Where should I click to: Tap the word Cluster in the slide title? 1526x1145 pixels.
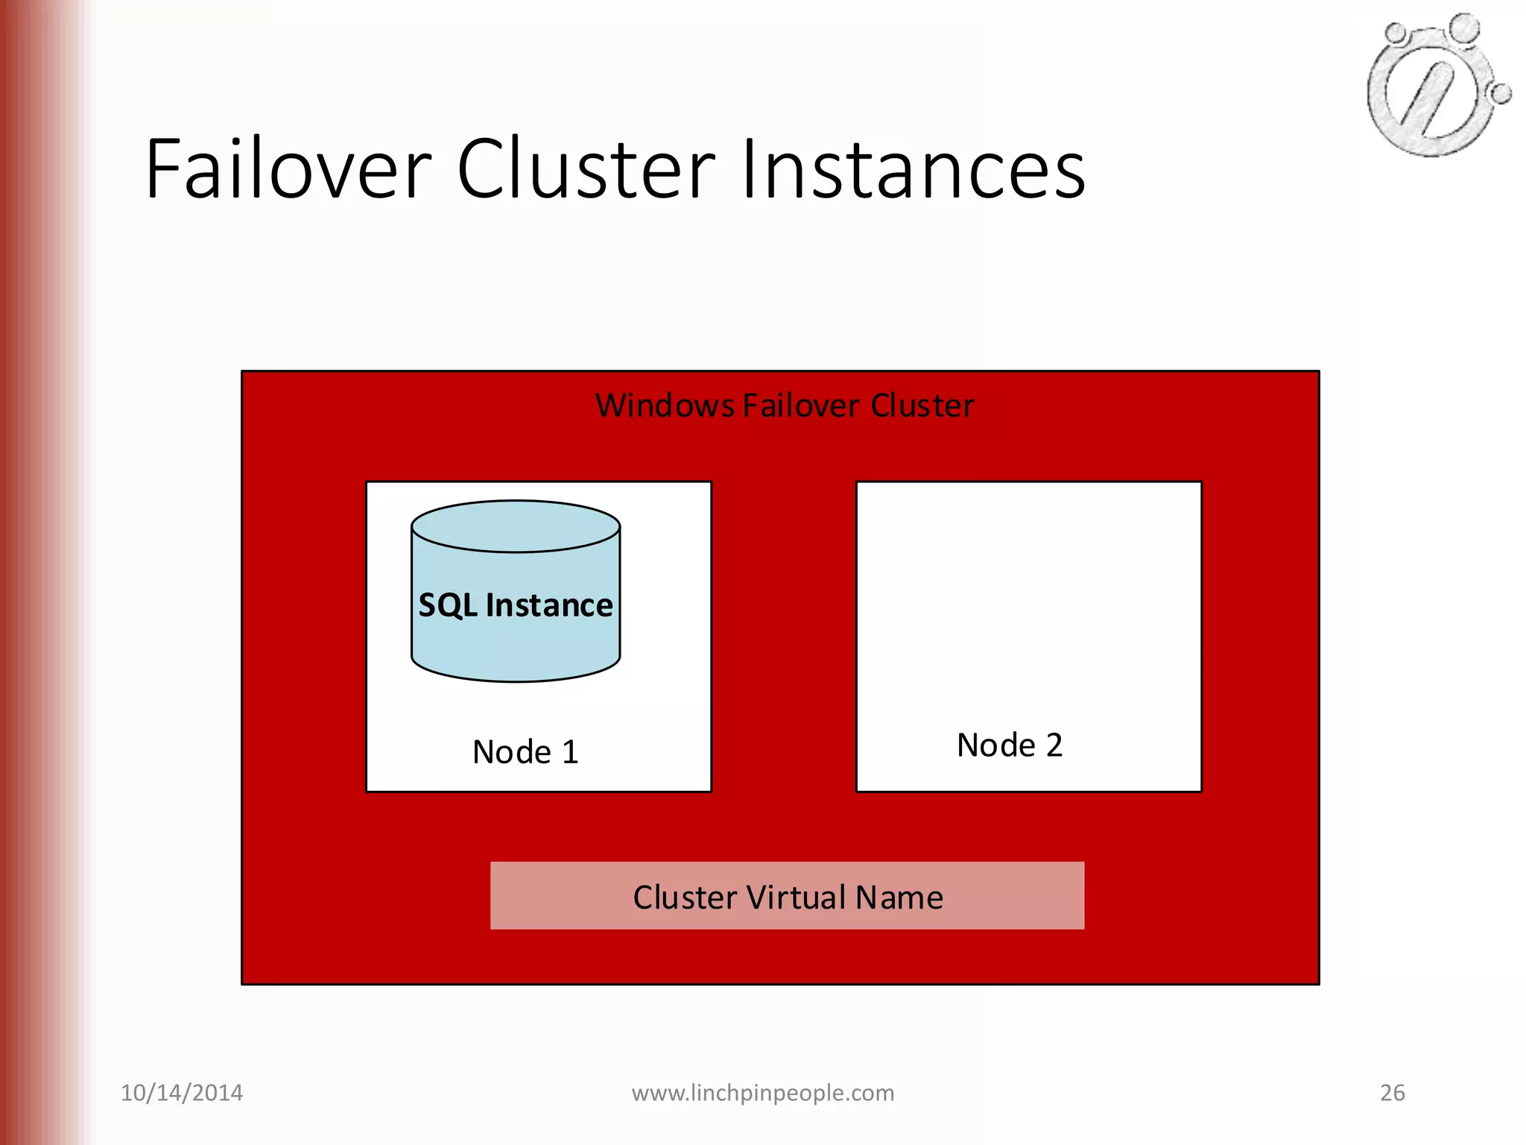click(x=586, y=169)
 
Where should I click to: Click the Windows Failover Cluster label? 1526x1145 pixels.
click(x=784, y=406)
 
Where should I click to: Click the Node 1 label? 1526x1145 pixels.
click(x=525, y=752)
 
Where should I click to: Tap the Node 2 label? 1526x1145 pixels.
click(x=1010, y=745)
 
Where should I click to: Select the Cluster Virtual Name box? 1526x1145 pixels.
click(x=787, y=896)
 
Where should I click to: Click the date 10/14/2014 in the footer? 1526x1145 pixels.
click(x=182, y=1093)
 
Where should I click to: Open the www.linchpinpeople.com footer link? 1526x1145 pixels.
click(x=763, y=1093)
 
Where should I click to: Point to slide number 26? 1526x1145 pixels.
click(x=1393, y=1093)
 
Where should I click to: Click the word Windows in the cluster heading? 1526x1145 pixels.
click(x=665, y=406)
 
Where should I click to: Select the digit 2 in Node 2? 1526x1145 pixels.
click(x=1054, y=745)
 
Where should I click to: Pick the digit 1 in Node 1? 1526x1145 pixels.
click(x=570, y=752)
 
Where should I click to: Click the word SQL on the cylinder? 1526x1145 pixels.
click(x=448, y=605)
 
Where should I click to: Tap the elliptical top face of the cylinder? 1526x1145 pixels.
click(x=516, y=526)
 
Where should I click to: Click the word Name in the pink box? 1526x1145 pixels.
click(x=899, y=898)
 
